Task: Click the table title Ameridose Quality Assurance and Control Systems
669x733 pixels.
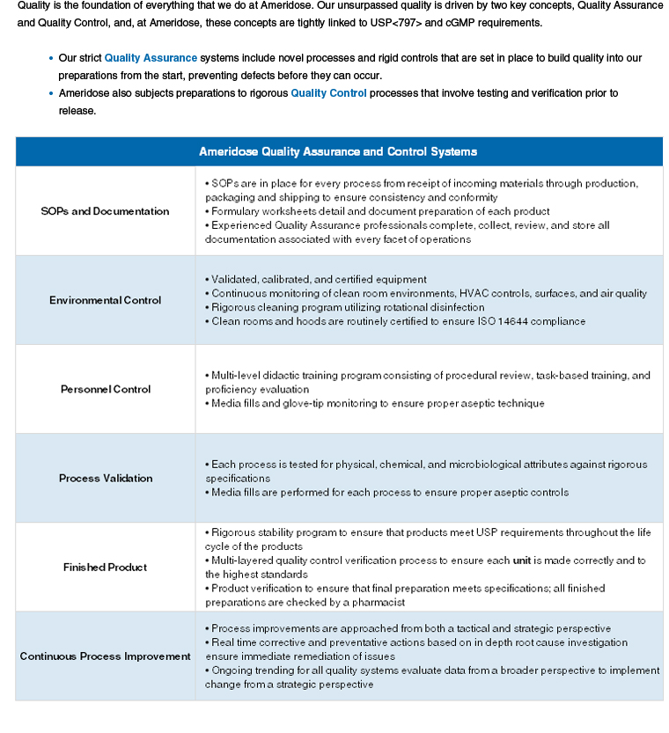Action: click(338, 151)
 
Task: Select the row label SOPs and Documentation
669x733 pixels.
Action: click(105, 211)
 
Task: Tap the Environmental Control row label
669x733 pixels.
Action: click(105, 300)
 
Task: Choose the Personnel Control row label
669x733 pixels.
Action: click(105, 389)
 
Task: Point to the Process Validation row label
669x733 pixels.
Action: click(105, 478)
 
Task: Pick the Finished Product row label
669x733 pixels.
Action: click(105, 568)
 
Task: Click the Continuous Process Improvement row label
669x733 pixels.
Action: click(105, 656)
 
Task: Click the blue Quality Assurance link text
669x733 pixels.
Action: click(151, 58)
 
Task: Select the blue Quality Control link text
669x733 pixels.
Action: click(328, 93)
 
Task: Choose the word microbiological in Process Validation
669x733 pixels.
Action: click(486, 464)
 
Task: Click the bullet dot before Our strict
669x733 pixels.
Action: click(50, 58)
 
